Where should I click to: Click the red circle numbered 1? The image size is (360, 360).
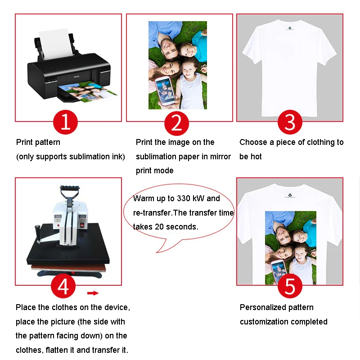pos(66,122)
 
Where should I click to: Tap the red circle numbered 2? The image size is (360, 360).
pos(177,122)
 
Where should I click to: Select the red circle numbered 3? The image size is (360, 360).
pos(290,122)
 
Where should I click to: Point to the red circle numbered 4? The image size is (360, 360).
pos(63,286)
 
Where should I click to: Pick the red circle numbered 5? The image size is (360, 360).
pos(290,286)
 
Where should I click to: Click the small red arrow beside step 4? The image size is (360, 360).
pos(93,293)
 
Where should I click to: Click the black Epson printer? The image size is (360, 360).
pos(67,74)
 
